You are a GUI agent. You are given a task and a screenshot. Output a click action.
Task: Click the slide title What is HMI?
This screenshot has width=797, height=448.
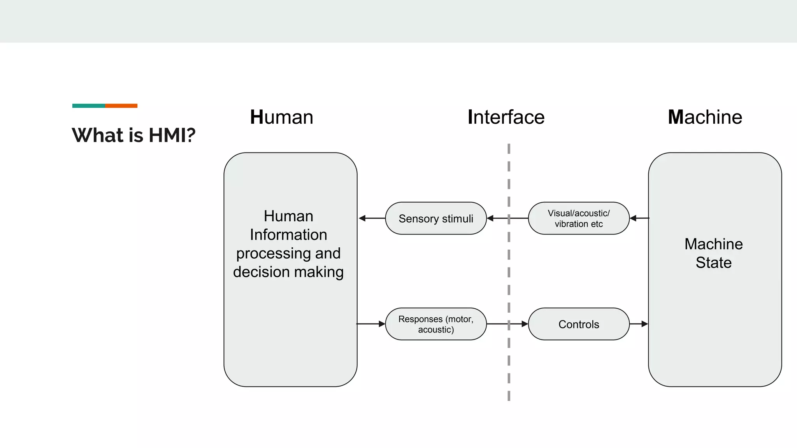(x=133, y=135)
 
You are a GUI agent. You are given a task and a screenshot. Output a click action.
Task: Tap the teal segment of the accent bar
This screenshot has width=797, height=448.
(x=88, y=106)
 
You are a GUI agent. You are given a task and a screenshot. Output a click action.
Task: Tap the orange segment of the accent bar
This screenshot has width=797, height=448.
(x=121, y=106)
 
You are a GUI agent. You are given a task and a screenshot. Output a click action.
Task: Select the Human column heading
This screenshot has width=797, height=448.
(x=281, y=117)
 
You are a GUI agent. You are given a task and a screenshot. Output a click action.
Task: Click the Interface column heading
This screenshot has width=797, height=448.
(x=506, y=117)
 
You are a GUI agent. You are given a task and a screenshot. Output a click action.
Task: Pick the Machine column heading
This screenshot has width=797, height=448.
(x=705, y=117)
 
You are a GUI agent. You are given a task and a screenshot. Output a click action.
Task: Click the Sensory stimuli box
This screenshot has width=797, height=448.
(x=436, y=219)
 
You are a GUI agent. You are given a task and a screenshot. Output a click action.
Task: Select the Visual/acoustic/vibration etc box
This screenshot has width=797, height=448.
(x=579, y=219)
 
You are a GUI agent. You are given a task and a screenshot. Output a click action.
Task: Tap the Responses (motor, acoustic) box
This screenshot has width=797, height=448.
(x=436, y=324)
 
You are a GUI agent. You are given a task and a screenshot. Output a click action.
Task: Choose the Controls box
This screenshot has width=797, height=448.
(x=579, y=324)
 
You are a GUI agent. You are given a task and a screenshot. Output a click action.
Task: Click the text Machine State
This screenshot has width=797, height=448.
(x=713, y=253)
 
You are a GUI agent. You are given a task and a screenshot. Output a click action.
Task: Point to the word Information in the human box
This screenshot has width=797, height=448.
(x=288, y=234)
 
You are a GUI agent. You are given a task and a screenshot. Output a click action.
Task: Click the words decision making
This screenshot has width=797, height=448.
(x=288, y=272)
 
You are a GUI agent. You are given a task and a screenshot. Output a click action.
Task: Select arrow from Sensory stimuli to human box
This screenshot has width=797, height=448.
(x=372, y=219)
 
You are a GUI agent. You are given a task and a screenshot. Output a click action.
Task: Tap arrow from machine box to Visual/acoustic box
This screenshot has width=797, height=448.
(x=639, y=219)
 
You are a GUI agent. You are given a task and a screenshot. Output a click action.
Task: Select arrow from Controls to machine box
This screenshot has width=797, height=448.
(x=639, y=324)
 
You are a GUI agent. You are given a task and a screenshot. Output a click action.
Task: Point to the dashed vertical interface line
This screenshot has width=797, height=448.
(x=509, y=272)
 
